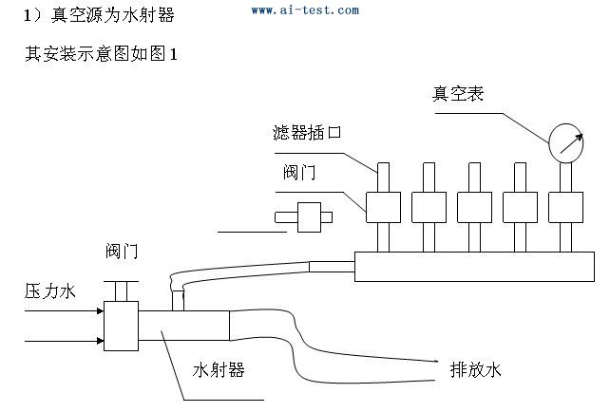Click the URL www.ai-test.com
click(305, 10)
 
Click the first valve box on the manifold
click(383, 204)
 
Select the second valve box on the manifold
click(429, 204)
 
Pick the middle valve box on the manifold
click(474, 204)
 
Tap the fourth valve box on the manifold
click(520, 204)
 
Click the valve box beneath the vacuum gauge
click(565, 204)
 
